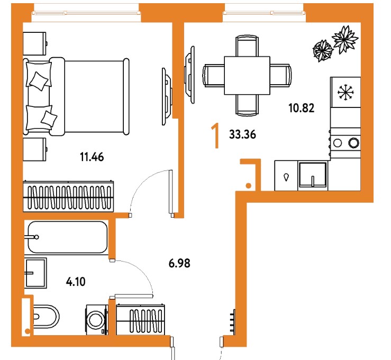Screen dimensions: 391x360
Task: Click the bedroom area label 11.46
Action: click(92, 157)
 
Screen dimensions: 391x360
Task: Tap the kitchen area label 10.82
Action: click(302, 109)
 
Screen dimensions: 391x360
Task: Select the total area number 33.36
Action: click(243, 134)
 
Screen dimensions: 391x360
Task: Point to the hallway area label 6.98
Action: click(179, 263)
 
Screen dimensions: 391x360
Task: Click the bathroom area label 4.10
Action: click(76, 282)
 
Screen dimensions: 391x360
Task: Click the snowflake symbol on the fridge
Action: click(345, 93)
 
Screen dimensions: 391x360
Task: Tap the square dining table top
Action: click(247, 75)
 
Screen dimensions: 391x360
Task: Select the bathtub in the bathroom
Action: click(67, 237)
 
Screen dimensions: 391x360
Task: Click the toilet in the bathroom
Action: click(46, 317)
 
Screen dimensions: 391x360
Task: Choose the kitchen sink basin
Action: click(313, 175)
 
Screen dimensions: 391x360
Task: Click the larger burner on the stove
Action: click(354, 143)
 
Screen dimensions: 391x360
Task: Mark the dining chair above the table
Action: click(247, 46)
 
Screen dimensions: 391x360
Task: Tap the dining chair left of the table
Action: click(214, 75)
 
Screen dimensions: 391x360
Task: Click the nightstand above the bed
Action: click(35, 43)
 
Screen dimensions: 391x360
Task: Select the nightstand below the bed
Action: click(35, 149)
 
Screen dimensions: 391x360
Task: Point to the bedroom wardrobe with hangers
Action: click(68, 196)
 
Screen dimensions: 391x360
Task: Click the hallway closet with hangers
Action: click(140, 319)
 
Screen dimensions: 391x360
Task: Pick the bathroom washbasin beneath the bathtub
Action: click(35, 273)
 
